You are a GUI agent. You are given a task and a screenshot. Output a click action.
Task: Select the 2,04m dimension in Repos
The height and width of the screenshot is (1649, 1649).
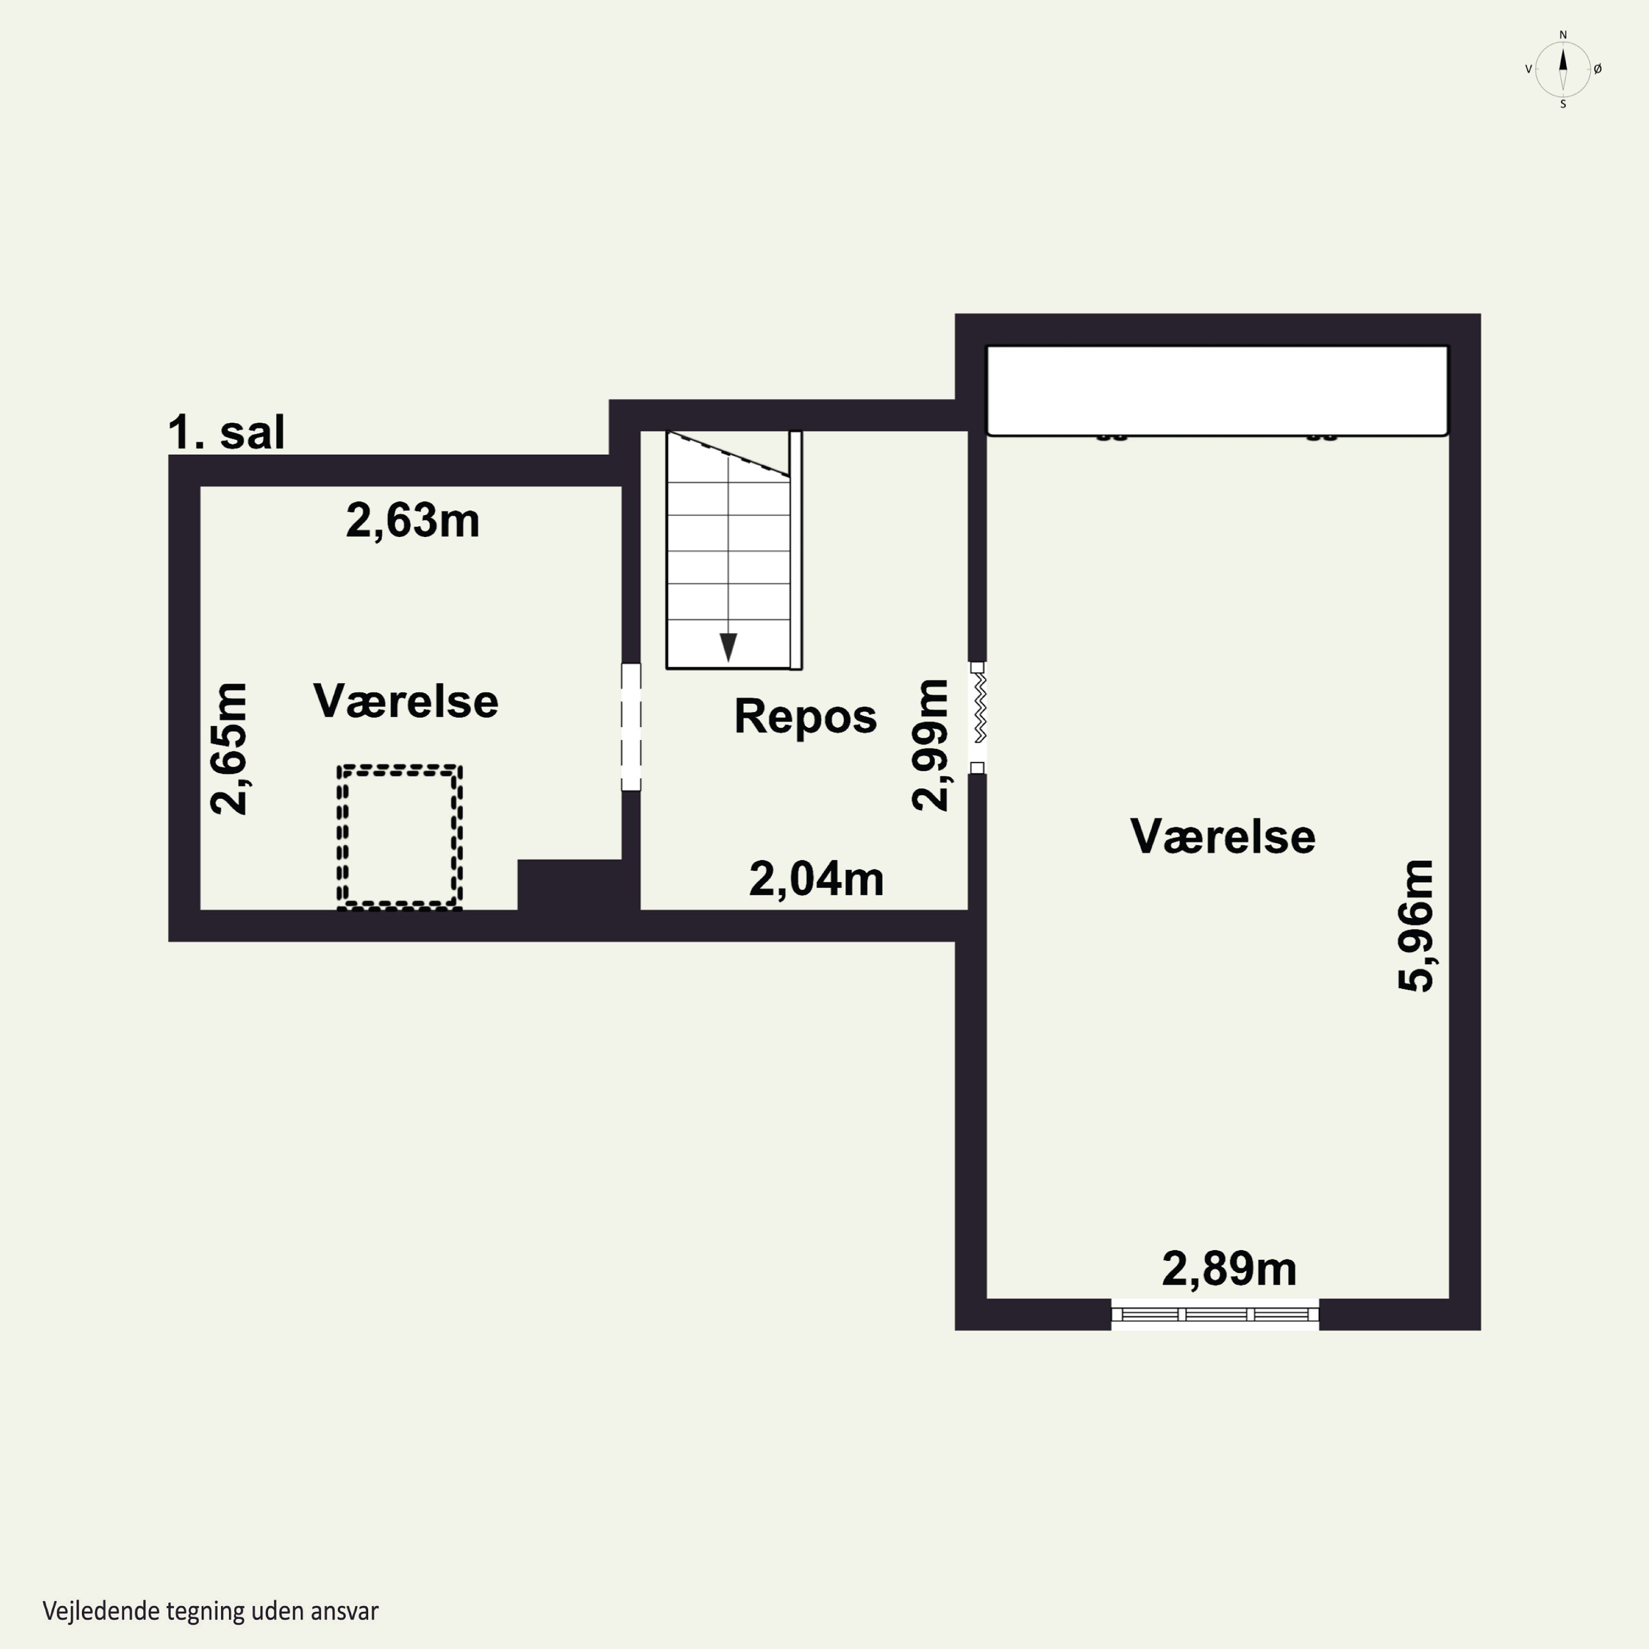point(816,879)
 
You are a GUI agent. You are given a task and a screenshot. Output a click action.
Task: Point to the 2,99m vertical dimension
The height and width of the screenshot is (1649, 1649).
point(929,744)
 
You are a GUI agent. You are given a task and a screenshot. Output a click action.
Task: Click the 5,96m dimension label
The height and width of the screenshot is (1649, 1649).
point(1416,925)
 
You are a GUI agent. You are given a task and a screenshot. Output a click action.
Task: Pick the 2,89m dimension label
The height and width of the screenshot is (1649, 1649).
point(1229,1269)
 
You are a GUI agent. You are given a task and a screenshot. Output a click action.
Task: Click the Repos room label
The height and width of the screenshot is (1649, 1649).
point(805,716)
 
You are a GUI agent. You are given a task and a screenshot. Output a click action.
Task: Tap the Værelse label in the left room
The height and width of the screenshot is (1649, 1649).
point(406,701)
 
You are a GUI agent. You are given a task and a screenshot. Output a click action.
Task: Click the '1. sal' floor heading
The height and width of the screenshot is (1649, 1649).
point(226,432)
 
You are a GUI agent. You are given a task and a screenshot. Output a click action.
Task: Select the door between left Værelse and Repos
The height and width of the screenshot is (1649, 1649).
point(631,727)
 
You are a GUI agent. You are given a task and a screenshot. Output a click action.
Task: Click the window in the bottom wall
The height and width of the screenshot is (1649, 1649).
point(1215,1314)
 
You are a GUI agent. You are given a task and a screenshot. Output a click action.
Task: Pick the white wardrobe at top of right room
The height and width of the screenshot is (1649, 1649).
point(1217,391)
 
